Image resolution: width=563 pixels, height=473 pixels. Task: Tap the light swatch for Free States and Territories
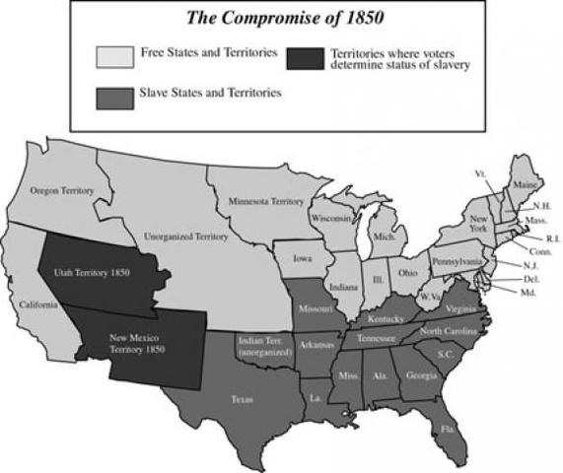click(x=114, y=56)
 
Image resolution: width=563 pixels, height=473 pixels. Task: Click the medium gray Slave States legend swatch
click(x=114, y=97)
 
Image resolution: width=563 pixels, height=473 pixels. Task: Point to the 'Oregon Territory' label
click(x=60, y=189)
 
